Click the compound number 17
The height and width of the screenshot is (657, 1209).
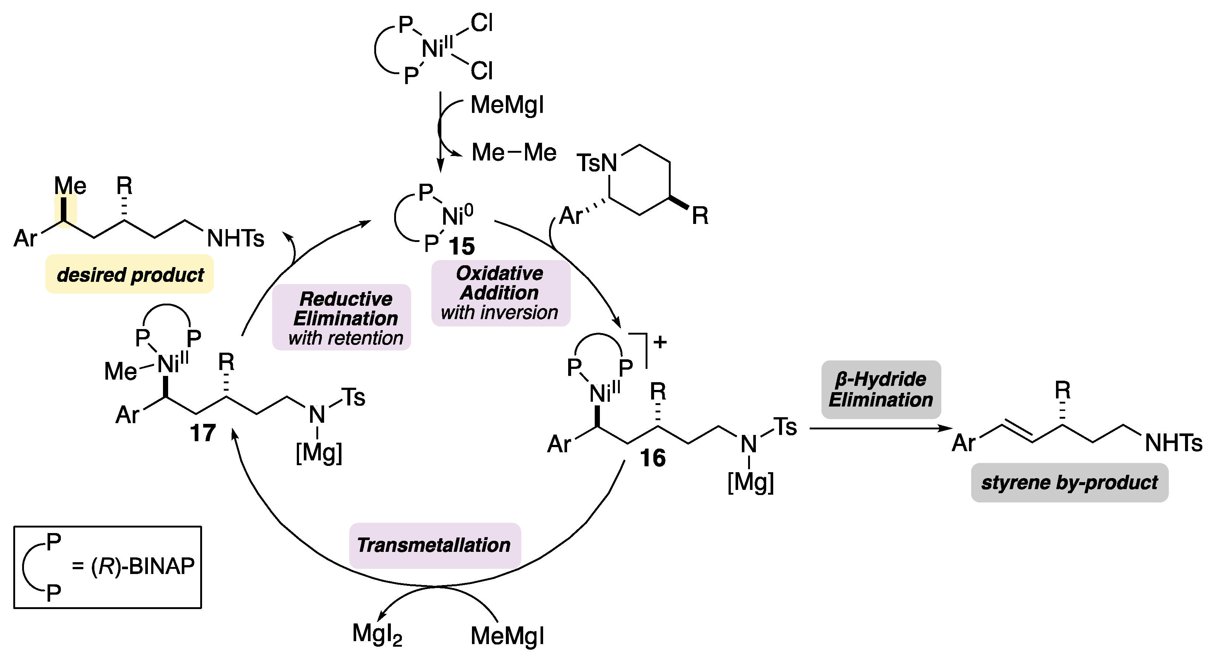point(203,432)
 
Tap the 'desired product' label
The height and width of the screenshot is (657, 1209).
point(130,275)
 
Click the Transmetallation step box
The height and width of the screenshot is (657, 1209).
point(434,545)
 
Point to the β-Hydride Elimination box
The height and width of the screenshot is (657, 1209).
point(880,389)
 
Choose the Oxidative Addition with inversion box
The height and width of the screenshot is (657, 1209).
point(500,293)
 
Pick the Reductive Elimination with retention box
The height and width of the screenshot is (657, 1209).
point(342,318)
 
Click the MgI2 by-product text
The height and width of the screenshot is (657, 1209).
point(377,634)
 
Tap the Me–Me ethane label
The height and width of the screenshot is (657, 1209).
point(514,153)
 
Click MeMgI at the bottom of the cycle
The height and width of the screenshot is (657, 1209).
point(507,636)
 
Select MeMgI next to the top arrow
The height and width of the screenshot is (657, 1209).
point(507,105)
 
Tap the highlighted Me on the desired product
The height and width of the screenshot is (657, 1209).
point(70,186)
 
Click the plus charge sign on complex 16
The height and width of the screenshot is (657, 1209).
point(660,342)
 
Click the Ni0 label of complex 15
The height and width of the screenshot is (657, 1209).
point(458,216)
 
